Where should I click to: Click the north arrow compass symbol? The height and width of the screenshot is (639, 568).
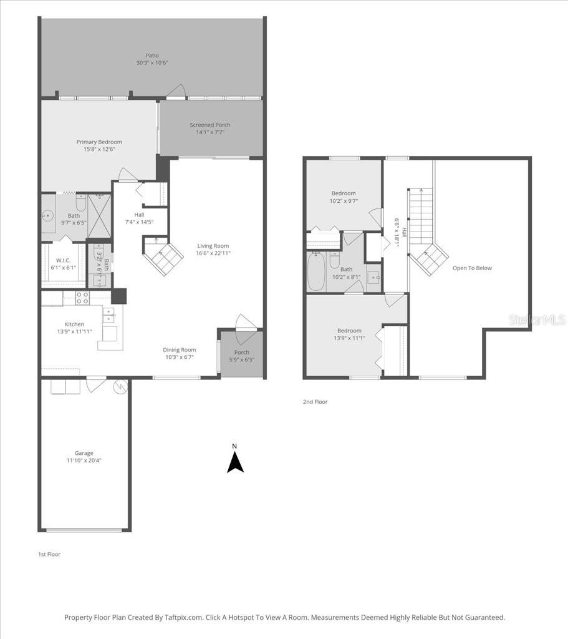coord(235,462)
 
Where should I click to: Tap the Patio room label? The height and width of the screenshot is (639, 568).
coord(152,56)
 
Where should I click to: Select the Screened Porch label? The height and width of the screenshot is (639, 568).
coord(210,125)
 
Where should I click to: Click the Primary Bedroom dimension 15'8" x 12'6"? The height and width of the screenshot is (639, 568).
coord(99,149)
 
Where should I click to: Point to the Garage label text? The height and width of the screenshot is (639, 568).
coord(84,453)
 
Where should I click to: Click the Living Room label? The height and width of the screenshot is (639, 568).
coord(213,246)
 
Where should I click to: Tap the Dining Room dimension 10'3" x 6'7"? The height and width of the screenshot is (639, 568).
coord(180,358)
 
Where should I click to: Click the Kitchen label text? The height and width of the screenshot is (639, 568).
coord(74,324)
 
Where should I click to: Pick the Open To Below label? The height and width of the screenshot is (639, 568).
coord(472,268)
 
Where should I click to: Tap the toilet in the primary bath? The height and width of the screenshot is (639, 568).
coord(80,204)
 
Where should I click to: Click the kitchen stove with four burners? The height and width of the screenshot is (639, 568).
coord(82,298)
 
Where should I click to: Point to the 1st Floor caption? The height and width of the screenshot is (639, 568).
coord(49,554)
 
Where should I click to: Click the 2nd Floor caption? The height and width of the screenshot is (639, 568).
coord(315,402)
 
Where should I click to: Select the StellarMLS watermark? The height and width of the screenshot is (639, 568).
coord(537,319)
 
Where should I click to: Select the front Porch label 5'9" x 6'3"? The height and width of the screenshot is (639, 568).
coord(241,356)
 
